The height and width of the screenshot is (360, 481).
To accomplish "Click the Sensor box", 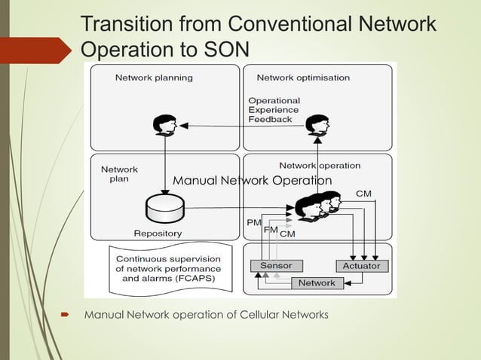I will click(x=276, y=266).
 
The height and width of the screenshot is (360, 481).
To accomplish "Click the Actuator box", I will click(x=361, y=266).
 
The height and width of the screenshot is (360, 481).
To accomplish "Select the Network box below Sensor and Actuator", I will click(x=317, y=283).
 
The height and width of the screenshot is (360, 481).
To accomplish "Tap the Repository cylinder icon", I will click(x=166, y=208).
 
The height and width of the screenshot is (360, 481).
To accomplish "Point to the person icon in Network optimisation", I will click(x=317, y=124).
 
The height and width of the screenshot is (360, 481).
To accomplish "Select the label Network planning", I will click(x=154, y=78).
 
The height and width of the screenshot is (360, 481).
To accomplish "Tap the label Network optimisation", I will click(x=303, y=78).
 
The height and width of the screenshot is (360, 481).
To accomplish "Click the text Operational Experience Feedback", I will click(x=274, y=109).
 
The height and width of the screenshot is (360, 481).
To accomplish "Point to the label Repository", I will click(x=158, y=233).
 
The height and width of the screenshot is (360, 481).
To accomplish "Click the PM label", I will click(x=254, y=223).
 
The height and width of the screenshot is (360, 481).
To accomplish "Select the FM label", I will click(x=271, y=229).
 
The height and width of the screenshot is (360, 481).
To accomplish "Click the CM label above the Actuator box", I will click(x=363, y=194).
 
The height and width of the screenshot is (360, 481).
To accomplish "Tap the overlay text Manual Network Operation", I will click(x=252, y=181).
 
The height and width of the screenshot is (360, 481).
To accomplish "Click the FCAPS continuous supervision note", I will click(x=168, y=268).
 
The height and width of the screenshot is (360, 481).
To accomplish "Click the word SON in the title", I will click(x=224, y=50).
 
